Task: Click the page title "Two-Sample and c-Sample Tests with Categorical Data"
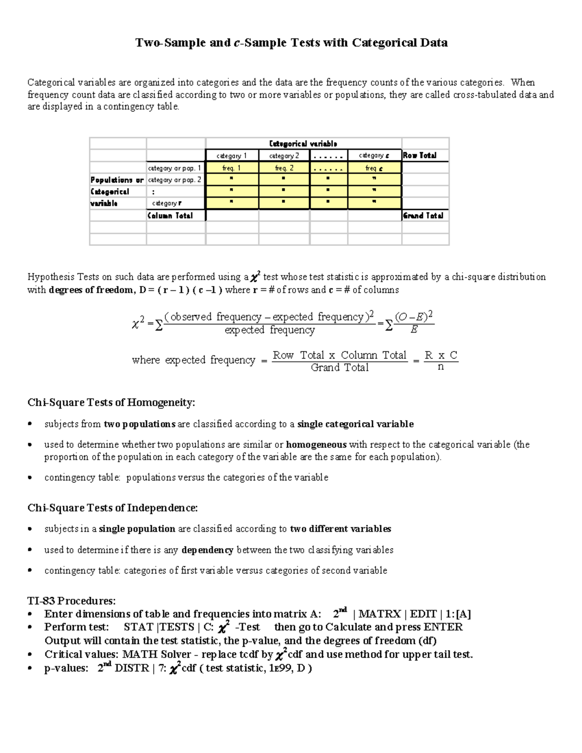tap(291, 43)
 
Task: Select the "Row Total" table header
tap(420, 156)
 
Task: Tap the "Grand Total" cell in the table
tap(423, 216)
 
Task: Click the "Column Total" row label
tap(170, 216)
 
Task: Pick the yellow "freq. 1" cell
tap(232, 168)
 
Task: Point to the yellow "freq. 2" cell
tap(284, 168)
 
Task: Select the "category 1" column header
tap(232, 156)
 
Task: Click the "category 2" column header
tap(284, 156)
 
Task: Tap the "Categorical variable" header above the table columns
tap(303, 144)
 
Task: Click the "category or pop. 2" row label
tap(175, 180)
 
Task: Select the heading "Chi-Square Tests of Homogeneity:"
tap(111, 402)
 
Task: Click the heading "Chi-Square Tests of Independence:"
tap(113, 508)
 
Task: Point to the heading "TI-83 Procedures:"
tap(71, 601)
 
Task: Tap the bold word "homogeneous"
tap(316, 445)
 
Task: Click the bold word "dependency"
tap(207, 550)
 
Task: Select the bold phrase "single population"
tap(137, 529)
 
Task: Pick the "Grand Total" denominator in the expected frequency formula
tap(339, 368)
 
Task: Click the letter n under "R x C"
tap(440, 367)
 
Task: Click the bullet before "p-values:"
tap(30, 668)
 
